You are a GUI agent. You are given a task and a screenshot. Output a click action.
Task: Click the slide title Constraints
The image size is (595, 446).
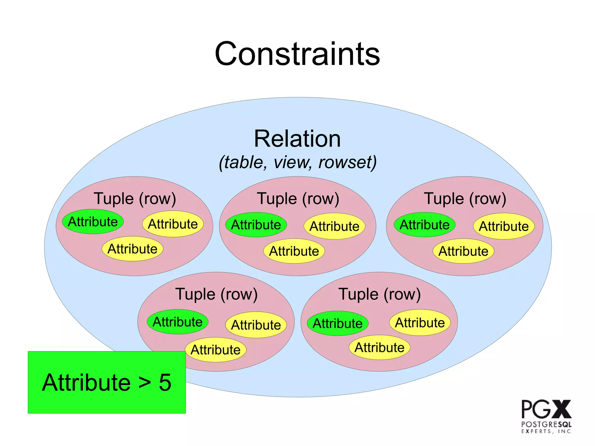pos(297,54)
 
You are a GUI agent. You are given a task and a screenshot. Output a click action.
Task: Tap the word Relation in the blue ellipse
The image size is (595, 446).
pos(297,139)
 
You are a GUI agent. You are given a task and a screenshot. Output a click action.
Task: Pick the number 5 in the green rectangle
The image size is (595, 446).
pos(165,382)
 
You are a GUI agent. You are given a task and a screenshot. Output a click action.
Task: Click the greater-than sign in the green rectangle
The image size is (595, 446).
pos(144,383)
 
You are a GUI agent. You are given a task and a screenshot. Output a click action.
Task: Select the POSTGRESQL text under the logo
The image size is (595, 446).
pos(546,424)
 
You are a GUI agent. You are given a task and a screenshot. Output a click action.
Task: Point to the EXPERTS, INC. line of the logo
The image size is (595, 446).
pos(546,431)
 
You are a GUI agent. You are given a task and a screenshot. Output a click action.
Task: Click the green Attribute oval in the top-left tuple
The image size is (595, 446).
pos(93,222)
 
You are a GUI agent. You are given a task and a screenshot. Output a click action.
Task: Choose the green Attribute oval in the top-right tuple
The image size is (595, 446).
pos(424,225)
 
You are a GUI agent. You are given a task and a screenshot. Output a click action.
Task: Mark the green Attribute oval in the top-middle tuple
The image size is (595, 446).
pos(256,225)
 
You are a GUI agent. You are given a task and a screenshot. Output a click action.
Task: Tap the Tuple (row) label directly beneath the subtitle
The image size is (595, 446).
pos(298,199)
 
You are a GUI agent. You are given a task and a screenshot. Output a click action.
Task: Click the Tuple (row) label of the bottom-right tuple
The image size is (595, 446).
pos(379,294)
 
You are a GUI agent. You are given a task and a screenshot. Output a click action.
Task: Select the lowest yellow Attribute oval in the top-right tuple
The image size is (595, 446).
pos(463,251)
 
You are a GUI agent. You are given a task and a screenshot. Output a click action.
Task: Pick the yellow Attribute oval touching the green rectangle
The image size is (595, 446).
pos(216,350)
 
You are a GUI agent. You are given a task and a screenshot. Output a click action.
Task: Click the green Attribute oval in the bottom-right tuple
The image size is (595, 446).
pos(338,323)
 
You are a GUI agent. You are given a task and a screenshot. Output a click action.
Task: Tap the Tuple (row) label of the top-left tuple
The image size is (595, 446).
pos(135,199)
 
